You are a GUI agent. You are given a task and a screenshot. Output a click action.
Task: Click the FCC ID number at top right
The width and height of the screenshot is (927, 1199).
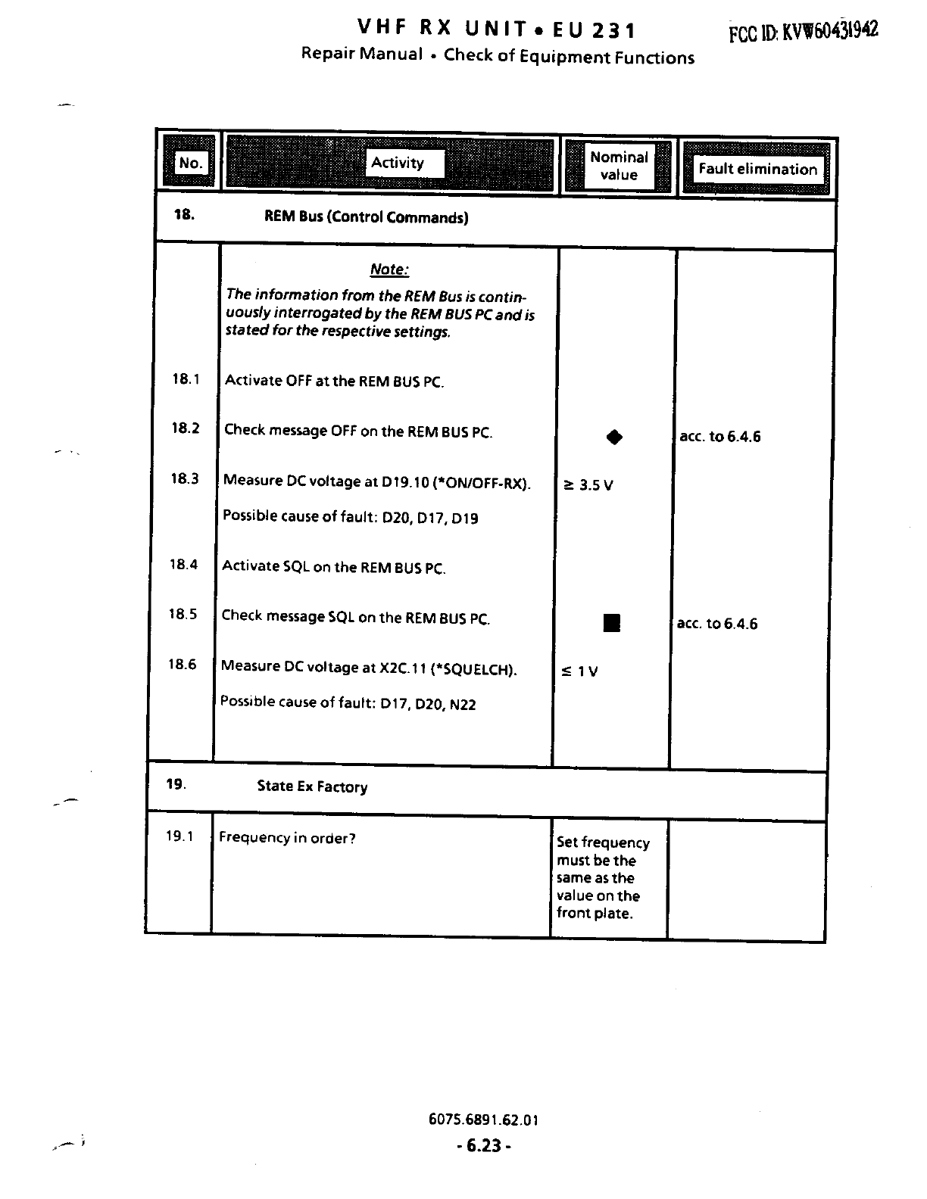(x=803, y=31)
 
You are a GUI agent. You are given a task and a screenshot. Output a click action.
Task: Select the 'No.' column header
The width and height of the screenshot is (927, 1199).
(x=190, y=163)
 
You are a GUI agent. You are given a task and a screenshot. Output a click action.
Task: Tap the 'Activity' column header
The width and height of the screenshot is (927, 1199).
(x=398, y=163)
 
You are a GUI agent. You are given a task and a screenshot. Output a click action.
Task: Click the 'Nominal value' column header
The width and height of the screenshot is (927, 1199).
(x=619, y=166)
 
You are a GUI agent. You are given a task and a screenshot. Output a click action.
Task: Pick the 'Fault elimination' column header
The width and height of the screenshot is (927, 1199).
(x=757, y=169)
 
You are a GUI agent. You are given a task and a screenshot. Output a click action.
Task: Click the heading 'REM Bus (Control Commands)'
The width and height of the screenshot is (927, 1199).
(x=366, y=217)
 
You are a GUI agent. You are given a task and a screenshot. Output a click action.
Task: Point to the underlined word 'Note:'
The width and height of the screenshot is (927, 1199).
(x=389, y=269)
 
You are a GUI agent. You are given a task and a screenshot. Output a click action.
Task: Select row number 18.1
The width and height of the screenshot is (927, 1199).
(x=186, y=379)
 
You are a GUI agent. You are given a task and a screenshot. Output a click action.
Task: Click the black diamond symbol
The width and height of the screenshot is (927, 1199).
(x=614, y=437)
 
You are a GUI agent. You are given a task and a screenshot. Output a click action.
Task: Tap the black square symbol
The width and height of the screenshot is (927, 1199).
(x=612, y=623)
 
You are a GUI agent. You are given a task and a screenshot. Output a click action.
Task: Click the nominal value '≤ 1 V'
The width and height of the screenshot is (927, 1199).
(x=579, y=671)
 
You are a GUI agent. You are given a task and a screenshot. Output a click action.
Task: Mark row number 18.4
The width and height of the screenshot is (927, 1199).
(x=183, y=565)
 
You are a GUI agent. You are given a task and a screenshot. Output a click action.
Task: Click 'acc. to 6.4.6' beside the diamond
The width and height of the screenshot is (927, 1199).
(x=720, y=437)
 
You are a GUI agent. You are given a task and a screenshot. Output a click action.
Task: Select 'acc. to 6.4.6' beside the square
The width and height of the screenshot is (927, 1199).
(x=716, y=624)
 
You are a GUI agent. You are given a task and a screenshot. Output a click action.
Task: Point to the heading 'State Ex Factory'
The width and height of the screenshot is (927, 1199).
(x=312, y=786)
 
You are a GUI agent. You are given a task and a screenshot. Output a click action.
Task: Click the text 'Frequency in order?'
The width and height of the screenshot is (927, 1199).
(x=287, y=838)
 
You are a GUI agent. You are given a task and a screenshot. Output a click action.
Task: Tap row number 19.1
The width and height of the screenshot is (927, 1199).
(x=179, y=836)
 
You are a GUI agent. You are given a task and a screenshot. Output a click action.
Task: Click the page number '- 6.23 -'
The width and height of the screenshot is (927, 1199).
(x=484, y=1146)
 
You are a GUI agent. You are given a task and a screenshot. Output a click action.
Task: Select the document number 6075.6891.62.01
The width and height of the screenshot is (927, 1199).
(x=483, y=1120)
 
